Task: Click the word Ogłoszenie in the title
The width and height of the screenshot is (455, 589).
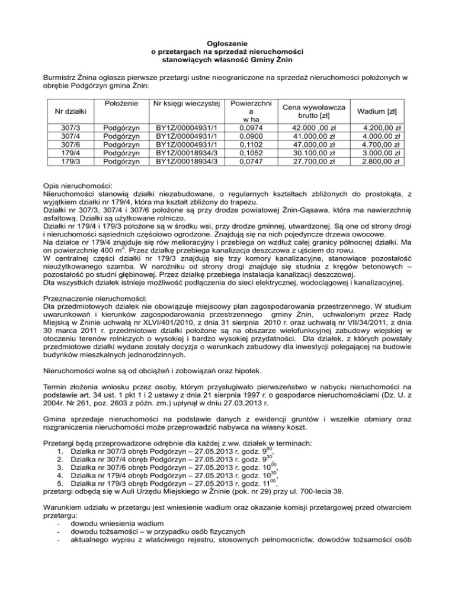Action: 227,43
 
